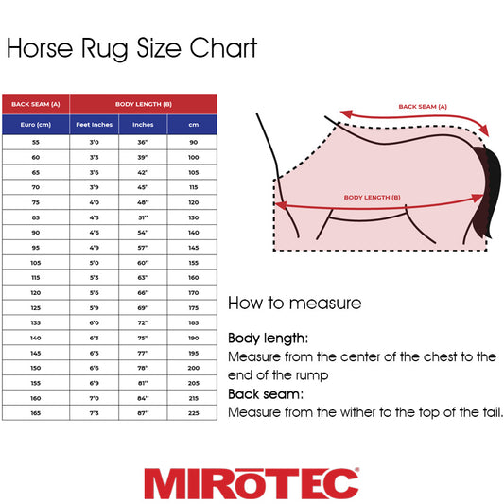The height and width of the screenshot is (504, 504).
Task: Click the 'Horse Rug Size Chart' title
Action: [131, 49]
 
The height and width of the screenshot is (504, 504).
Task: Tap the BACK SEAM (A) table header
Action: [36, 104]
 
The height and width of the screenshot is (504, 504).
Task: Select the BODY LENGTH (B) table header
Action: [144, 104]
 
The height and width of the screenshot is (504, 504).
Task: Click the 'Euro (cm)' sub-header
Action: [36, 124]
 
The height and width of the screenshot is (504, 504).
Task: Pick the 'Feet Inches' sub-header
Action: [94, 124]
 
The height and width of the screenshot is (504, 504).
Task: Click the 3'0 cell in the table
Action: [94, 142]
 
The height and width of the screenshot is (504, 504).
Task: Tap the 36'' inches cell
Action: [143, 142]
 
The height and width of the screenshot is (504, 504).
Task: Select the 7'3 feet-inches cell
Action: [94, 412]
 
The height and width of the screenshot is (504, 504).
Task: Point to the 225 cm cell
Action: [193, 412]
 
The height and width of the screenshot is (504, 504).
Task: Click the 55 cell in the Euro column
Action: [36, 142]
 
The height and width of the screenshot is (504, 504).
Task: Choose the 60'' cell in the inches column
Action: [143, 262]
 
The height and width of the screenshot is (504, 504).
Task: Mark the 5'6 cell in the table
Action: [94, 292]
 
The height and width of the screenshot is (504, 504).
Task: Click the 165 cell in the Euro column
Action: [36, 412]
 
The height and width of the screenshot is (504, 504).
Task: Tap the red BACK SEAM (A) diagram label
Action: [423, 107]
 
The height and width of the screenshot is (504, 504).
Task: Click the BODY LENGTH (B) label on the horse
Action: [372, 197]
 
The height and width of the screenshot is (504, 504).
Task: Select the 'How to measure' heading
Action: [294, 304]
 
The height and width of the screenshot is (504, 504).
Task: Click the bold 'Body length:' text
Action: [269, 338]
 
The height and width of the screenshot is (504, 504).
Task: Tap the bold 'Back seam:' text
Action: [266, 393]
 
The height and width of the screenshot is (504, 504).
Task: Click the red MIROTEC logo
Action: [252, 482]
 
